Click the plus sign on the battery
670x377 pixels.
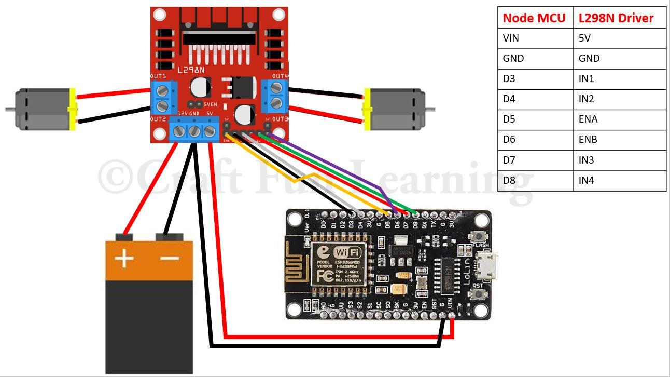pyautogui.click(x=124, y=258)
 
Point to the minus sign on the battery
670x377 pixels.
pyautogui.click(x=170, y=258)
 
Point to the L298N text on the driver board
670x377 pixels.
pyautogui.click(x=191, y=70)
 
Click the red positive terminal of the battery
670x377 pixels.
pyautogui.click(x=124, y=237)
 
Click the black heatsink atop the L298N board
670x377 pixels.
pyautogui.click(x=219, y=36)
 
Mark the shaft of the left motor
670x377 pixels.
pyautogui.click(x=10, y=110)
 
